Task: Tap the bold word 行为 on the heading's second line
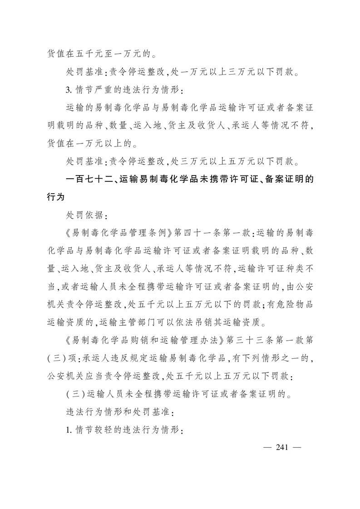(x=57, y=197)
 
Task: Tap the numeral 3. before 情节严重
(x=69, y=89)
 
